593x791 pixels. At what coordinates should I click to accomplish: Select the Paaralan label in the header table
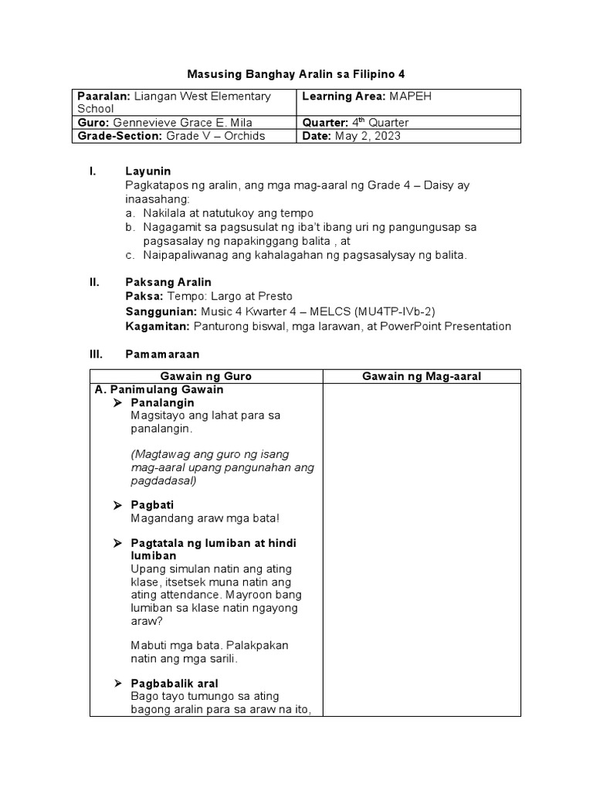103,97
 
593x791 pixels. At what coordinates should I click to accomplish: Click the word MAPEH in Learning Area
416,97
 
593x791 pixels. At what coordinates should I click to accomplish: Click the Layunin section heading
147,171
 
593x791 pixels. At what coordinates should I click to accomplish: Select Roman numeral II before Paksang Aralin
94,282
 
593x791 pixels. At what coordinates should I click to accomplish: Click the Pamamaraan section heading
162,354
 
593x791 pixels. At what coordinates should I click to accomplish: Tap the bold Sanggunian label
160,311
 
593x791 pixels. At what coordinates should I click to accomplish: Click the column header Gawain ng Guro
206,376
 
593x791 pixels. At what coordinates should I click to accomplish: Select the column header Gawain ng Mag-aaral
422,376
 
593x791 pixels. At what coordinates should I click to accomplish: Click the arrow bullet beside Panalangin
118,403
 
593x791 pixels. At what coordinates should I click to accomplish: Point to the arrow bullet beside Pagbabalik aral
118,684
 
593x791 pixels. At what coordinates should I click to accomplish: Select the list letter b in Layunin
129,227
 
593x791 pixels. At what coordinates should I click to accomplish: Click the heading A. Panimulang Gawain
158,390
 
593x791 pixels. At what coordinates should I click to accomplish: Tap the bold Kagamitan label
157,326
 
